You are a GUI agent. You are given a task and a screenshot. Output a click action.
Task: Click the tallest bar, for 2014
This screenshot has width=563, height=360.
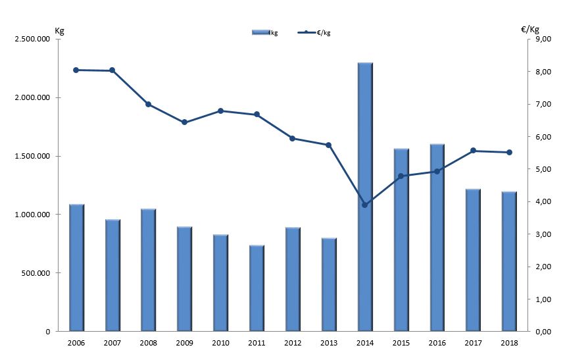[365, 197]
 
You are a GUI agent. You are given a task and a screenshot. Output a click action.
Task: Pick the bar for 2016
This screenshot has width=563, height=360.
[437, 238]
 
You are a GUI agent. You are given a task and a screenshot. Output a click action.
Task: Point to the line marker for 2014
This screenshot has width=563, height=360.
[365, 205]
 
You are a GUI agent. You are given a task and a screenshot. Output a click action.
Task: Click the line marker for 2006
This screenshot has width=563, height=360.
[76, 70]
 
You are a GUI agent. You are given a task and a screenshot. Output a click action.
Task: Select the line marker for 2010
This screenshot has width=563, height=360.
[220, 111]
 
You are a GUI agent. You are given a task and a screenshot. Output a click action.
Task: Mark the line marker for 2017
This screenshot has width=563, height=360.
[473, 151]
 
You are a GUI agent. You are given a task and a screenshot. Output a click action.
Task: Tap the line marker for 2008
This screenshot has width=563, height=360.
[148, 104]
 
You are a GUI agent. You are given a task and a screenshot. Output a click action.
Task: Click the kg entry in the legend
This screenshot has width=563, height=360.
[265, 32]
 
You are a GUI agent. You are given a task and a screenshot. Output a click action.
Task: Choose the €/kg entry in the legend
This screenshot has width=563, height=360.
[315, 32]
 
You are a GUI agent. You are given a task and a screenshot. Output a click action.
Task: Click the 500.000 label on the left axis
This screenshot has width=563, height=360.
[39, 273]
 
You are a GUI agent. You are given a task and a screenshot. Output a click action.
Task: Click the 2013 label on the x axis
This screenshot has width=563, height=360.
[329, 342]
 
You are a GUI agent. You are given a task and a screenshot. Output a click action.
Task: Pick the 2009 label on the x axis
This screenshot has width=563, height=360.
[184, 342]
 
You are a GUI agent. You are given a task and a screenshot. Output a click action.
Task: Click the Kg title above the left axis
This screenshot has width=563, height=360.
[59, 30]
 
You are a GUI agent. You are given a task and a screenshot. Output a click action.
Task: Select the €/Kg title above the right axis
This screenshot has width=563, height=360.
[529, 30]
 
